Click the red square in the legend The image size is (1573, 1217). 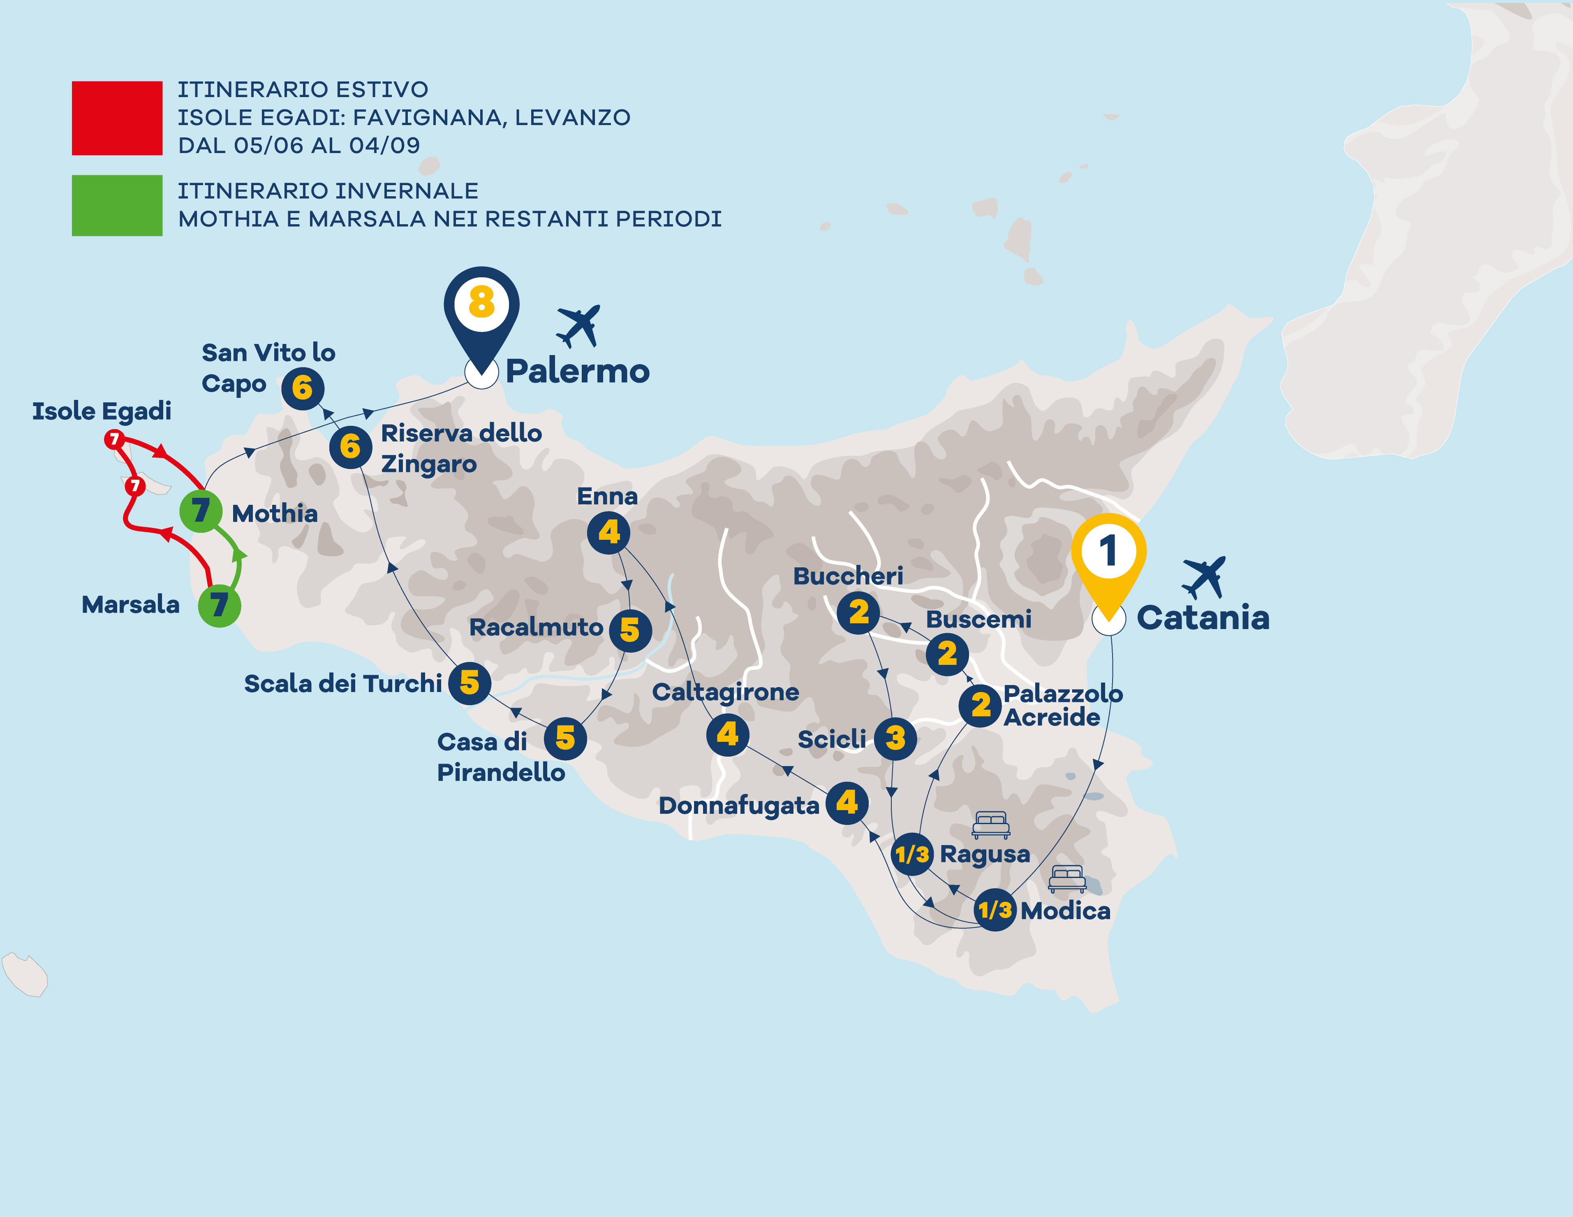tap(117, 118)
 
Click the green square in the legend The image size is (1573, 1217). tap(117, 205)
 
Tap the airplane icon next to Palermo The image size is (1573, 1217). tap(578, 326)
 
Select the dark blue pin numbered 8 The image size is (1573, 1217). tap(481, 304)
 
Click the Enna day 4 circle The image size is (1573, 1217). tap(608, 532)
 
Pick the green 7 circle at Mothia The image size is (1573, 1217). tap(200, 511)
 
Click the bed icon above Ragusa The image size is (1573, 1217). tap(991, 824)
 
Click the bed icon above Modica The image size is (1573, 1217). tap(1067, 878)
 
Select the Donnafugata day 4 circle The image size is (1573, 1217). tap(847, 803)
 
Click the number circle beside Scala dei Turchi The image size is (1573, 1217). tap(470, 683)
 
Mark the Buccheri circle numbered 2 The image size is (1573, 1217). tap(858, 613)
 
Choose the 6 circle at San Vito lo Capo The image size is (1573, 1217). tap(303, 388)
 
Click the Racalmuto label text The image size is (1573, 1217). tap(536, 627)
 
